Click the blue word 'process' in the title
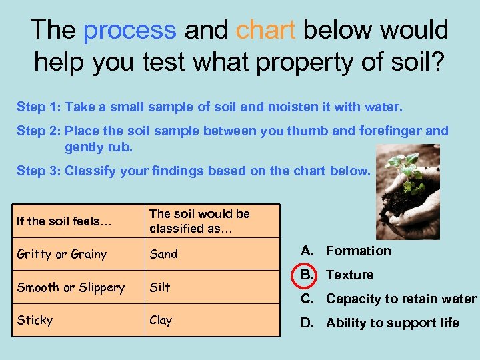coord(129,30)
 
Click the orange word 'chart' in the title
coord(265,30)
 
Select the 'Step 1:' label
coord(38,107)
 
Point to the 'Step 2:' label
coord(38,131)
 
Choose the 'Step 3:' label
coord(38,171)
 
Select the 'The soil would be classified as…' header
coord(199,221)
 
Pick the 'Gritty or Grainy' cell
coord(61,254)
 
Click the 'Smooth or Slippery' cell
coord(71,287)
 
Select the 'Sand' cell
coord(163,254)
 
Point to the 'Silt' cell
coord(160,287)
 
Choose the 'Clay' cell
coord(161,320)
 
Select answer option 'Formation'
coord(358,251)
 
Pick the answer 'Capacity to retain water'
coord(401,299)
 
